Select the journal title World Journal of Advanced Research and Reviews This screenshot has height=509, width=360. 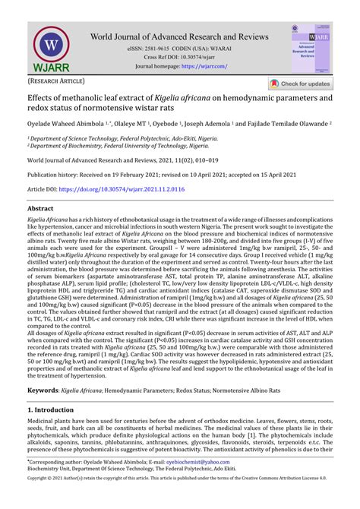pos(179,36)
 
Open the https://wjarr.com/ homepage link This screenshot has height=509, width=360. pos(201,66)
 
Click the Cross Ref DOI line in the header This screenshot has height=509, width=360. pos(179,57)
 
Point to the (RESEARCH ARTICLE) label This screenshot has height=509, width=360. pos(58,80)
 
